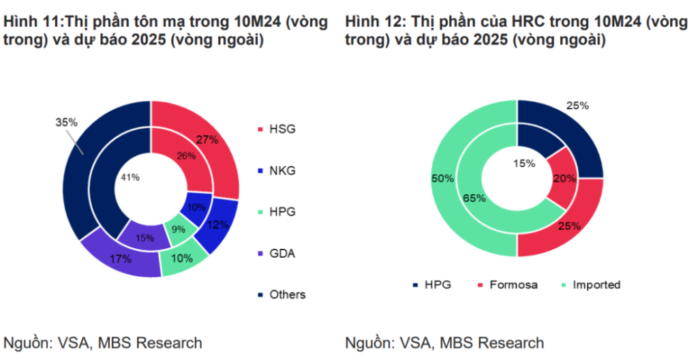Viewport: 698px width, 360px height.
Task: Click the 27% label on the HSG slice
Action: click(x=207, y=140)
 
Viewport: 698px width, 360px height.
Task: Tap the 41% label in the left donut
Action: click(x=130, y=177)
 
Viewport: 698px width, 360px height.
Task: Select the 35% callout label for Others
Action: click(x=66, y=122)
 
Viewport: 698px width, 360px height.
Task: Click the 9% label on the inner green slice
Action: click(x=178, y=230)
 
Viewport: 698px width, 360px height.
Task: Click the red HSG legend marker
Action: click(x=260, y=129)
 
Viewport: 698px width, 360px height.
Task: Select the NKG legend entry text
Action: click(x=283, y=170)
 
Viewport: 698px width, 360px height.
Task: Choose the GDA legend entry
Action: click(x=283, y=253)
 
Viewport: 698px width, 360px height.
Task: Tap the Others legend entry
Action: click(x=287, y=295)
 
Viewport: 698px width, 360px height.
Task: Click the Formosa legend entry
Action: click(x=513, y=284)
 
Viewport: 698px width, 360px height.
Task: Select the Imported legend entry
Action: click(x=596, y=284)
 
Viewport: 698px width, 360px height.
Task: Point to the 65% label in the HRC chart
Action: click(x=474, y=198)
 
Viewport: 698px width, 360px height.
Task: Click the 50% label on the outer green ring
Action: click(x=442, y=178)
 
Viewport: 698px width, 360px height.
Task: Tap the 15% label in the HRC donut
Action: click(x=524, y=164)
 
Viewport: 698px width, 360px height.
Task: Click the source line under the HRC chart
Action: click(x=444, y=342)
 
